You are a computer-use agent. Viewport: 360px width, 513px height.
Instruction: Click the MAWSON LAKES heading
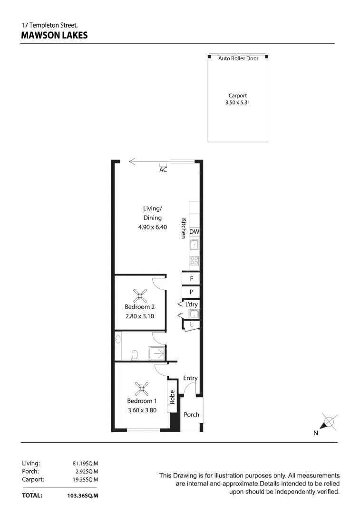point(55,35)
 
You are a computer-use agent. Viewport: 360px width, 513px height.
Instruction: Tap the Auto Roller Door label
point(238,58)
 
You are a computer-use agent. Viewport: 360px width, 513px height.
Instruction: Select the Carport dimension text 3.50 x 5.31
point(238,102)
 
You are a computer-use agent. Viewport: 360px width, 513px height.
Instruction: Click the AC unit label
point(163,170)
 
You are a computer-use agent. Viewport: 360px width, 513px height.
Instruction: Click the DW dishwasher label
point(194,232)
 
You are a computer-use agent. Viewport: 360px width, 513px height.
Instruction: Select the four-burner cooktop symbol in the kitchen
point(194,260)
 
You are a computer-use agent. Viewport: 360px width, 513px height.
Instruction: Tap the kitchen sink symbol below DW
point(194,245)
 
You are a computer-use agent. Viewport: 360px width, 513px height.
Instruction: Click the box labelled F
point(191,279)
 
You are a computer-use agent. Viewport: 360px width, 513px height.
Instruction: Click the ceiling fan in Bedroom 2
point(141,297)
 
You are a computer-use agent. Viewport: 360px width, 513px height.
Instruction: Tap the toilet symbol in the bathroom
point(135,354)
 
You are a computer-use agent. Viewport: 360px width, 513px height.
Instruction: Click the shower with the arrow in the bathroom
point(156,353)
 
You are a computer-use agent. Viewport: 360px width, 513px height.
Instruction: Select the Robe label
point(173,396)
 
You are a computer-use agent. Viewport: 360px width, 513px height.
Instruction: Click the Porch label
point(192,415)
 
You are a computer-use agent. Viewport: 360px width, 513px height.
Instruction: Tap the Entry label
point(190,378)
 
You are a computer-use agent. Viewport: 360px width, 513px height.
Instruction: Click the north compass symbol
point(329,422)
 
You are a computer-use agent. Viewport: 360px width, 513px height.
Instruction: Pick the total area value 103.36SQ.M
point(83,496)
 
